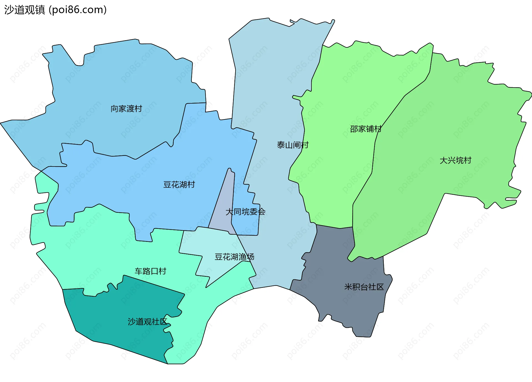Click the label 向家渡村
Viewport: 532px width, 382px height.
(x=126, y=109)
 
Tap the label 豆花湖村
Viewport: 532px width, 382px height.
(x=179, y=184)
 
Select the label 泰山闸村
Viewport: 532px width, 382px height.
(x=293, y=145)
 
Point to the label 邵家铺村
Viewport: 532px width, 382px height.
(x=365, y=129)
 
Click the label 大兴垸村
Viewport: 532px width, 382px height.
(x=455, y=160)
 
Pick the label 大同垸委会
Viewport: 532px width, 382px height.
(x=245, y=212)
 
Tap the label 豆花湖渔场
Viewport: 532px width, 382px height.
(x=234, y=257)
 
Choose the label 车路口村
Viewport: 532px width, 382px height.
(x=150, y=271)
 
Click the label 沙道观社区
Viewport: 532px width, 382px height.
(x=147, y=322)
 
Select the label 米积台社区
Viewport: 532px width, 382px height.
(x=364, y=287)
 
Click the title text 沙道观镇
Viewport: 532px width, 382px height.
(x=24, y=10)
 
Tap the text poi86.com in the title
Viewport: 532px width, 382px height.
(x=78, y=10)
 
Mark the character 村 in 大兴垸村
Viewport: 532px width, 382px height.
(x=467, y=160)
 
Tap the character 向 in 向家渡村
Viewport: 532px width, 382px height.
(x=114, y=109)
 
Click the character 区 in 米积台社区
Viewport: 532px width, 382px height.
(x=380, y=287)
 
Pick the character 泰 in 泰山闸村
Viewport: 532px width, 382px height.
(x=281, y=145)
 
